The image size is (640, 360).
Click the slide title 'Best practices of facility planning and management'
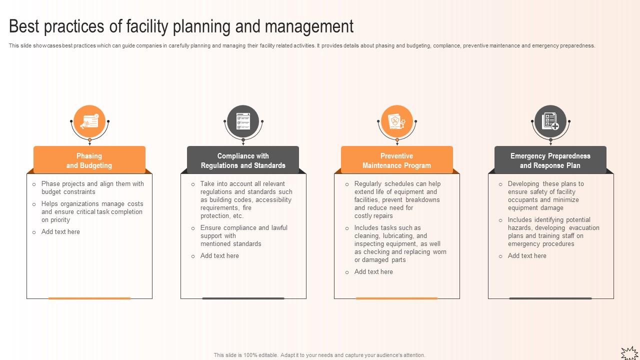(x=181, y=26)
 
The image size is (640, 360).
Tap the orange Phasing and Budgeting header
(x=89, y=160)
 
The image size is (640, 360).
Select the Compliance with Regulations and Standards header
(x=243, y=160)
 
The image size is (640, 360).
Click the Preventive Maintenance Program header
(x=396, y=160)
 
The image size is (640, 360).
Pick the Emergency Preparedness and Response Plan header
(x=550, y=160)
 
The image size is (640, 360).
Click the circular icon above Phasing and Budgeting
(x=89, y=121)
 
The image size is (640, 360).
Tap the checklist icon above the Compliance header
(x=243, y=121)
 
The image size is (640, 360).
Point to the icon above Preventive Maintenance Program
(x=396, y=121)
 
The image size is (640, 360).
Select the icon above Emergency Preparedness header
(x=550, y=121)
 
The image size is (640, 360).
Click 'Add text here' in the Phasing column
(x=60, y=232)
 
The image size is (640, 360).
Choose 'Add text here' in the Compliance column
(x=219, y=256)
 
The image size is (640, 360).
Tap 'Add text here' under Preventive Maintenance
(x=373, y=272)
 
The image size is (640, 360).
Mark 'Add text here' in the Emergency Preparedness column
(x=527, y=256)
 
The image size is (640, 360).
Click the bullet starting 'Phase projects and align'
(x=92, y=188)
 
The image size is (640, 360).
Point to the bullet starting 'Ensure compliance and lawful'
(x=243, y=236)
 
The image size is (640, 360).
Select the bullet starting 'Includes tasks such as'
(x=400, y=244)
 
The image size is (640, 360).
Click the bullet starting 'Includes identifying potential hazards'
(x=553, y=232)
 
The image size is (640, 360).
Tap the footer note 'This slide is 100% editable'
(x=319, y=355)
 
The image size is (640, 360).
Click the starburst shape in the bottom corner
(x=629, y=353)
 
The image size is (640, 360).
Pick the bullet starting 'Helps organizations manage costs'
(x=92, y=212)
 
